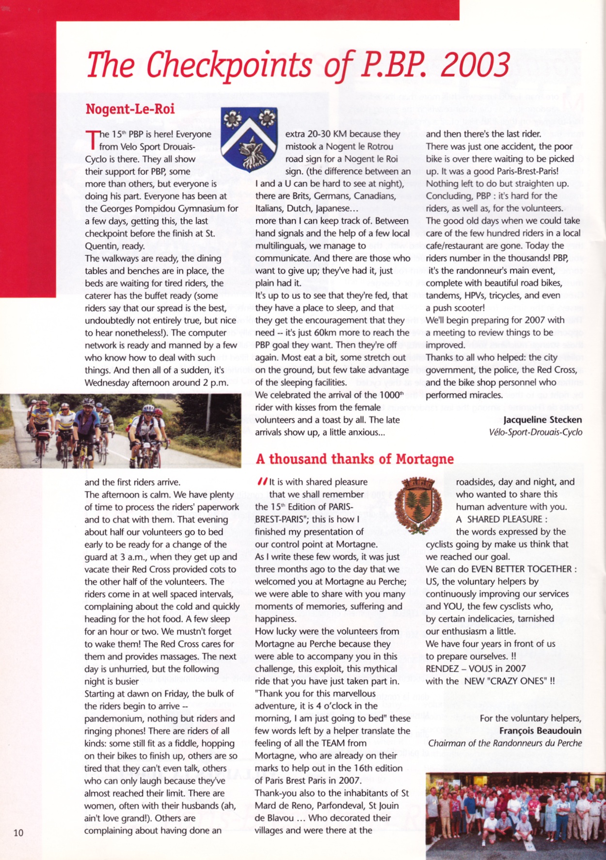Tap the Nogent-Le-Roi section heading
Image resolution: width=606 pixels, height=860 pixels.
pos(130,109)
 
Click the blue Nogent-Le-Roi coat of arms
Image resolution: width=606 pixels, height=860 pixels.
pos(249,139)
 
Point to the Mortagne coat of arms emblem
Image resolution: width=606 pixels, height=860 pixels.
pos(418,504)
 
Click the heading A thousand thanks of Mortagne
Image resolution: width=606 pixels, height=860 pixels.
pos(354,459)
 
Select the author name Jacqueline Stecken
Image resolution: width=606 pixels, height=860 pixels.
pos(542,420)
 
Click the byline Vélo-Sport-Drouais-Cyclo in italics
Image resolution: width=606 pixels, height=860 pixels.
pos(536,432)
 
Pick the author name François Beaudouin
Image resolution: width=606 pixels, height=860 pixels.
pos(540,730)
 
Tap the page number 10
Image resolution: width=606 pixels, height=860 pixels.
pos(18,833)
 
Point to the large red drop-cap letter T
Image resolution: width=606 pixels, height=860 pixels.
pos(92,140)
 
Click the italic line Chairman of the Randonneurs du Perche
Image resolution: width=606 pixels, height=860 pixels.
pos(505,743)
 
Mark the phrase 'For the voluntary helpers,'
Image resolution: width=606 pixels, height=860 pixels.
pos(530,718)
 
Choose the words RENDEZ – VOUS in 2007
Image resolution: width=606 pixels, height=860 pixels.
pos(476,668)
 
